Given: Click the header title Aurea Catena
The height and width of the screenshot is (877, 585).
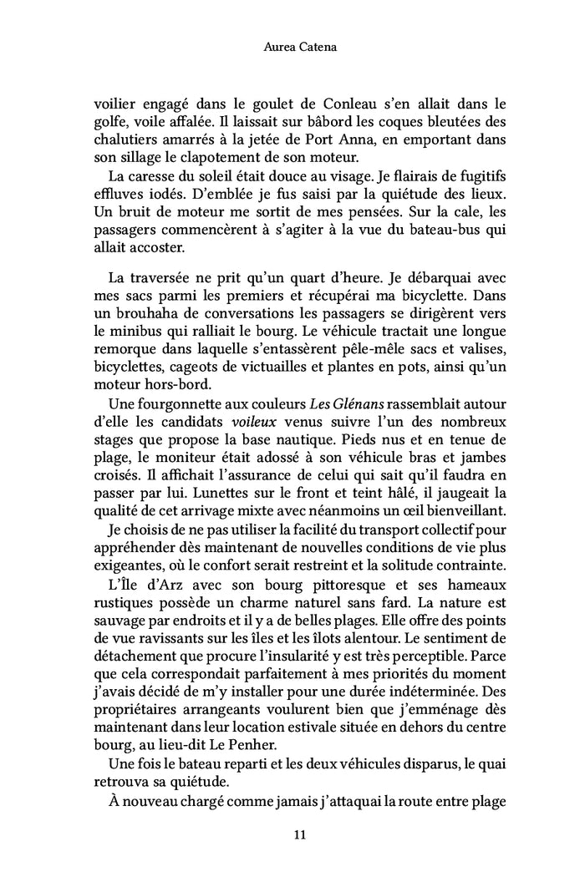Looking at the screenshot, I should [x=292, y=50].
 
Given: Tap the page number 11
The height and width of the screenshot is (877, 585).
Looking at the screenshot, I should [x=292, y=834].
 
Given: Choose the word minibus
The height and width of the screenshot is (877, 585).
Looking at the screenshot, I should [x=157, y=330].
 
